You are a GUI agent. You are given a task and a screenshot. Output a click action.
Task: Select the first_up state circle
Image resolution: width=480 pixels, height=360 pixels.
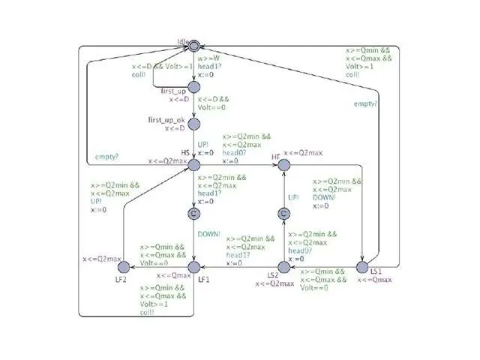pos(194,88)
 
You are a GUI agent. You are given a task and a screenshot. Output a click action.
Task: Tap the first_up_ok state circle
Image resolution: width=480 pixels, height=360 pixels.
pos(194,124)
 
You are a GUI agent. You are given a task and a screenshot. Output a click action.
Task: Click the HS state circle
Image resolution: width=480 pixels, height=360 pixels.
pos(194,163)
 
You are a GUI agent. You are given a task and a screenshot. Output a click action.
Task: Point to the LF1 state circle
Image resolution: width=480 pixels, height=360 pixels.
pos(194,266)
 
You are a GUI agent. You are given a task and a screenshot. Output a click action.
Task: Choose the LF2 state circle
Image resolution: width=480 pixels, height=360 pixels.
pos(130,266)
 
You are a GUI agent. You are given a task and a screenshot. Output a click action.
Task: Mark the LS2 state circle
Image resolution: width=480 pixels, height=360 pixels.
pos(283,266)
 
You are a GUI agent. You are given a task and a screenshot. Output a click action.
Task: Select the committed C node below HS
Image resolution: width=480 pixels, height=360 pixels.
pos(194,214)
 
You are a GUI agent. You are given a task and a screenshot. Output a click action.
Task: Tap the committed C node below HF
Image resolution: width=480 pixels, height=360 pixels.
pos(283,214)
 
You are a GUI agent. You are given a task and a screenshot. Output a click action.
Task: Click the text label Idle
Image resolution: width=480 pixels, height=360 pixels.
pos(182,40)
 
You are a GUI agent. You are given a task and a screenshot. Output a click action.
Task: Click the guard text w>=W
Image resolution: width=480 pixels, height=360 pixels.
pos(209,58)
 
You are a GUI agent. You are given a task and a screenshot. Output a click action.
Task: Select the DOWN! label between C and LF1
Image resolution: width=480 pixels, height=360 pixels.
pos(210,234)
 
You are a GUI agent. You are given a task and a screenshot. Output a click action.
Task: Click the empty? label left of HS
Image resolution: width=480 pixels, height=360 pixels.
pos(107,157)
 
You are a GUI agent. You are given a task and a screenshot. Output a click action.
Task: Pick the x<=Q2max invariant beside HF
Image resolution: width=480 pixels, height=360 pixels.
pos(304,153)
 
